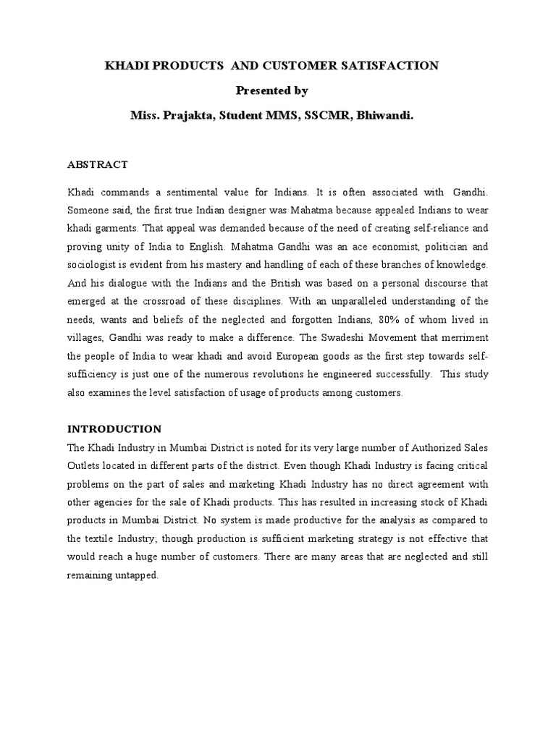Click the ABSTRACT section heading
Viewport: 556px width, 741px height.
pyautogui.click(x=97, y=164)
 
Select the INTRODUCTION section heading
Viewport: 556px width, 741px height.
pyautogui.click(x=114, y=429)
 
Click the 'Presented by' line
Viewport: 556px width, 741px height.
pyautogui.click(x=271, y=90)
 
